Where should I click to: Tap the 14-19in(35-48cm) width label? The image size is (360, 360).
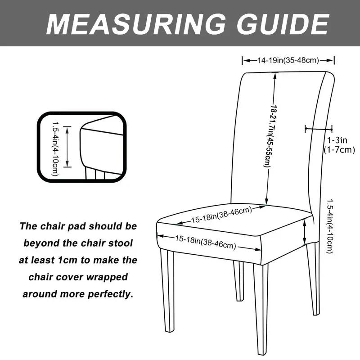coord(288,60)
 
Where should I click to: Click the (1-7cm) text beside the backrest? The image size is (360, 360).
coord(339,150)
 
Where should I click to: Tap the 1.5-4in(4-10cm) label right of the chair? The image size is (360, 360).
coord(331,226)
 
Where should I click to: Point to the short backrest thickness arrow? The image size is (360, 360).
coord(318,129)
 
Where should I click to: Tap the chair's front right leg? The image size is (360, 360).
coord(261,306)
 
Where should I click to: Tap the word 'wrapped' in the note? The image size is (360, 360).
coord(108,277)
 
